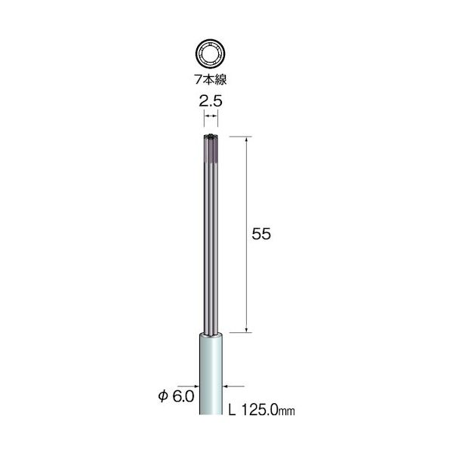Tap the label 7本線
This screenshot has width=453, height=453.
click(x=211, y=80)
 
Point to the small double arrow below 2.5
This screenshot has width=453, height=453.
click(x=212, y=115)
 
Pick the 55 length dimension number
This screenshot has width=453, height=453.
click(x=261, y=234)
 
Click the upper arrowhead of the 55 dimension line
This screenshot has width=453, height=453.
click(x=249, y=140)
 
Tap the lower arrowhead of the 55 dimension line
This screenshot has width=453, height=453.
click(x=249, y=328)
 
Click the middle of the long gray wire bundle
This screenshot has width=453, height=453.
click(x=212, y=234)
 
